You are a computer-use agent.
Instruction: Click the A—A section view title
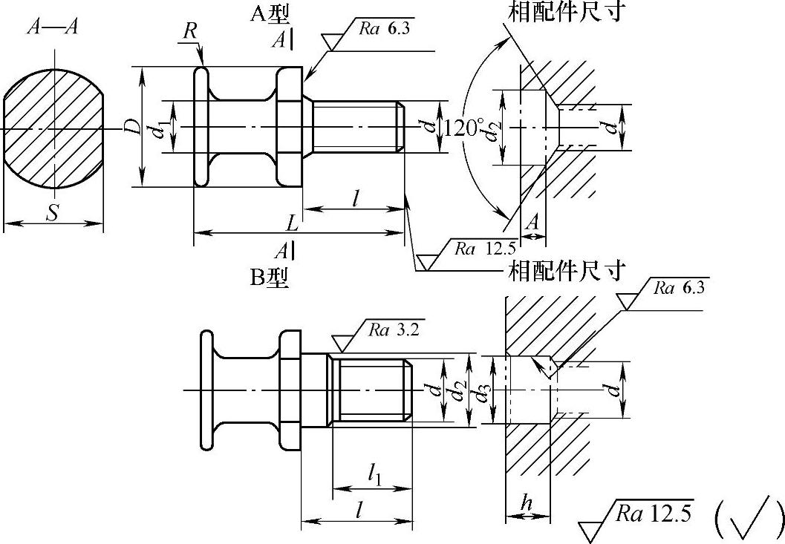[53, 27]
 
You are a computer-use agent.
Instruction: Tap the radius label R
[189, 31]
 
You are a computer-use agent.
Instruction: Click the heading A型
[270, 15]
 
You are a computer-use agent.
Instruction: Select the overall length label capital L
[292, 223]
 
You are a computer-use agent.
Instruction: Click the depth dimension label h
[526, 501]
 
